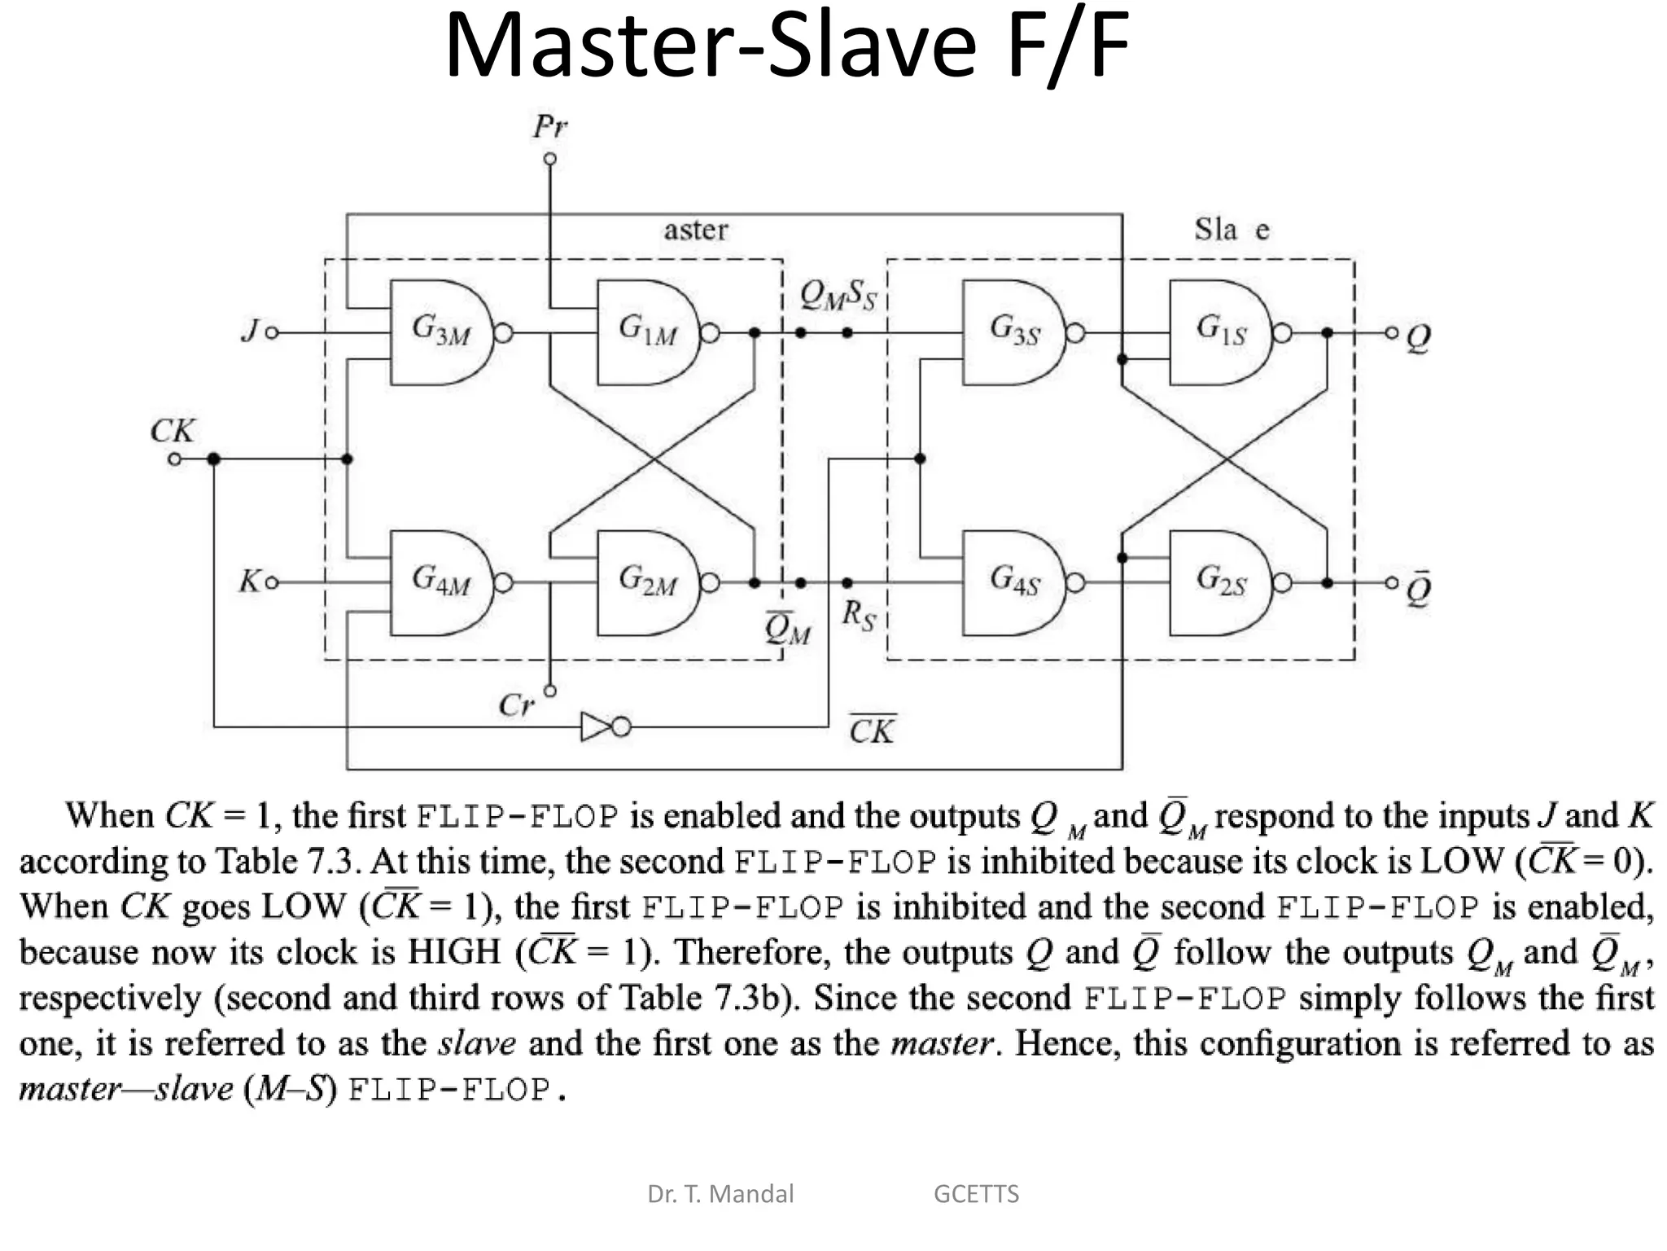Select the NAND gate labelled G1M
[x=648, y=332]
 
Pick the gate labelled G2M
[x=648, y=582]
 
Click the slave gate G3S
[x=1013, y=332]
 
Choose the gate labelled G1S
[x=1220, y=332]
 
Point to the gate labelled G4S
[x=1013, y=582]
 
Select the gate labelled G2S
[x=1220, y=582]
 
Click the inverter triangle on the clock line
[x=597, y=726]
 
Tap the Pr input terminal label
[x=549, y=127]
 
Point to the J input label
[x=250, y=331]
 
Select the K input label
[x=248, y=582]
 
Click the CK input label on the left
[x=172, y=431]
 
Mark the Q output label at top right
[x=1418, y=336]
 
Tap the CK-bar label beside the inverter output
[x=872, y=730]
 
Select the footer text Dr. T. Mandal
[x=720, y=1194]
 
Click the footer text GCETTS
[x=976, y=1194]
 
